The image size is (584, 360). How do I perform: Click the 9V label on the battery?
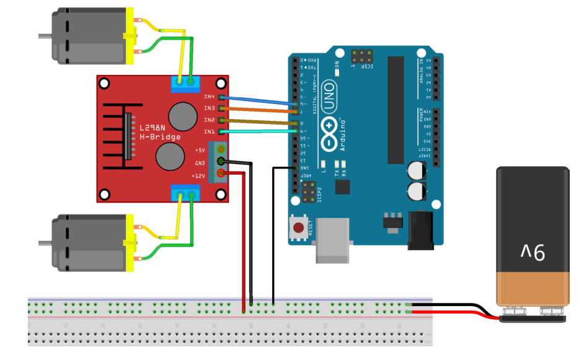click(x=532, y=252)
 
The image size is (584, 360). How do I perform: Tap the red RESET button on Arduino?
click(x=300, y=227)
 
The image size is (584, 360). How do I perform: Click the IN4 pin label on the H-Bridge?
click(x=209, y=97)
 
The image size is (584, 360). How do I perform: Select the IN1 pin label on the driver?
click(x=209, y=131)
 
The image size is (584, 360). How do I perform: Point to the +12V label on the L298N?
click(x=199, y=176)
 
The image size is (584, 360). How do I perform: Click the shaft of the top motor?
click(x=44, y=36)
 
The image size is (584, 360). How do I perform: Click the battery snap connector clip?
click(x=532, y=318)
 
